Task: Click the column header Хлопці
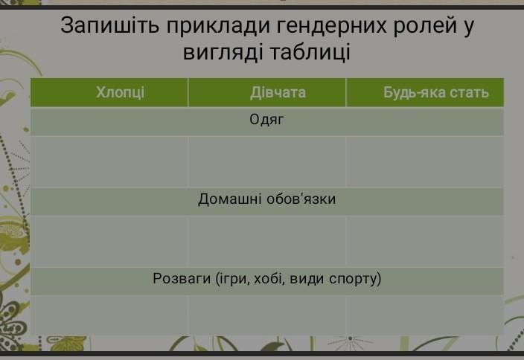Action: [121, 92]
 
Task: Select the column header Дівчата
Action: [278, 92]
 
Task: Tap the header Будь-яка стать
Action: [436, 92]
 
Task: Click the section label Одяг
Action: [266, 120]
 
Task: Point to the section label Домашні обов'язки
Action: [266, 199]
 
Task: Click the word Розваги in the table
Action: [182, 278]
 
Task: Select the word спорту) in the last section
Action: [355, 279]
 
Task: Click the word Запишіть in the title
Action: [110, 26]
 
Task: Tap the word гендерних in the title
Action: [331, 26]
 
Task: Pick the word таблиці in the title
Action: [310, 53]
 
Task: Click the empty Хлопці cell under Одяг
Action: [109, 161]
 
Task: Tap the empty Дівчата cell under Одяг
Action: [267, 161]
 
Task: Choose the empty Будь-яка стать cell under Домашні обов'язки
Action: [425, 241]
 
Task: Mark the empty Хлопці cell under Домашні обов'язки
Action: [109, 241]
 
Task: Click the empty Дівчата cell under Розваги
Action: [267, 315]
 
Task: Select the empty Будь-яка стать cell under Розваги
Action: [425, 315]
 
